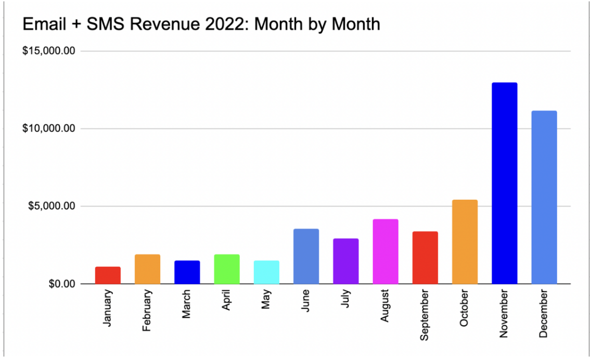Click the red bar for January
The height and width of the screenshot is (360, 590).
[x=108, y=275]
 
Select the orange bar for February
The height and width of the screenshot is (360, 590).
[x=147, y=269]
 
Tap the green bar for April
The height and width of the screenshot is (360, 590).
[x=227, y=269]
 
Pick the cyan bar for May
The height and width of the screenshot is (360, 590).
[x=266, y=272]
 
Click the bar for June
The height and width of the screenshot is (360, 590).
[x=306, y=256]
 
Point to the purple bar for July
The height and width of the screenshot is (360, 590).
[x=345, y=261]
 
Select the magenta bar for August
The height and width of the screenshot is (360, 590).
[x=385, y=251]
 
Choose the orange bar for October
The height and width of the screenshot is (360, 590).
[x=465, y=242]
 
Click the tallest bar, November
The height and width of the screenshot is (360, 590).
[x=504, y=183]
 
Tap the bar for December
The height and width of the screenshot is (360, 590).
[x=544, y=197]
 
